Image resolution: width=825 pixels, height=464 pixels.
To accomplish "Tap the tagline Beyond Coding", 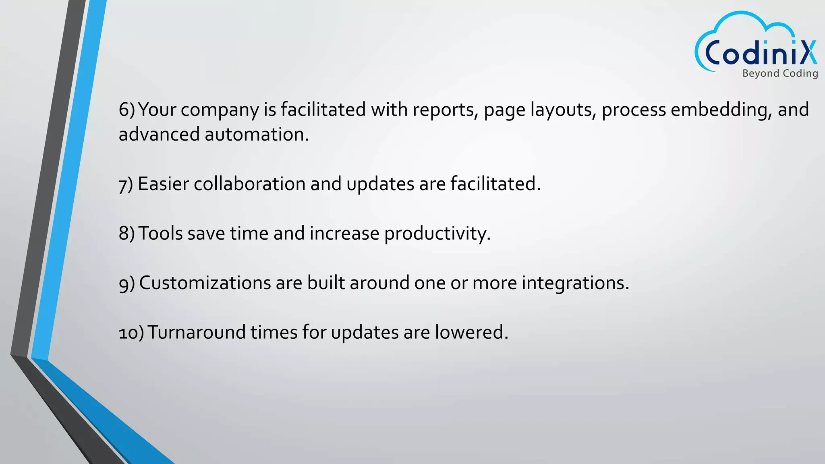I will click(x=780, y=73).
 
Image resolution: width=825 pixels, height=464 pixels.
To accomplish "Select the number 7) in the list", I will click(x=126, y=184).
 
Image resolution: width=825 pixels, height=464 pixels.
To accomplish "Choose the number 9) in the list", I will click(x=126, y=284).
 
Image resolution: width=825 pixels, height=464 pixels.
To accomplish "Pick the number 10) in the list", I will click(x=131, y=333).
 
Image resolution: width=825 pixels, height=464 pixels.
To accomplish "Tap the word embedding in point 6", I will click(x=721, y=110).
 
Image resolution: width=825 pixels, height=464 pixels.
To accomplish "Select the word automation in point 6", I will click(x=257, y=135).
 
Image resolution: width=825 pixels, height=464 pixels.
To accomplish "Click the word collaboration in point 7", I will click(x=249, y=184).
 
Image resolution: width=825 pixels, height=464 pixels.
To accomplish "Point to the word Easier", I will click(x=163, y=184).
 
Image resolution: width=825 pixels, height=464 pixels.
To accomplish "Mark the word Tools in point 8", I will click(x=160, y=234).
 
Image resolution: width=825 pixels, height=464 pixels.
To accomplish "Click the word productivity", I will click(x=437, y=234).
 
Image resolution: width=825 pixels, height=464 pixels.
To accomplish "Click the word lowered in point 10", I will click(x=471, y=333).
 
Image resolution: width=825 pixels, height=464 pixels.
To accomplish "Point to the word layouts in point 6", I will click(x=563, y=110).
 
